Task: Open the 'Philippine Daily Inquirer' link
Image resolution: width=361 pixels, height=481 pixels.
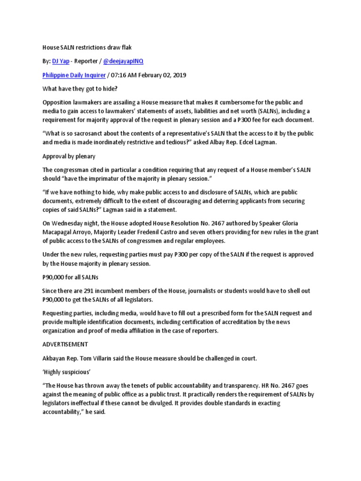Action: click(x=74, y=75)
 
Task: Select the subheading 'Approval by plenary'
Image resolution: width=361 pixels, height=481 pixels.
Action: click(x=69, y=157)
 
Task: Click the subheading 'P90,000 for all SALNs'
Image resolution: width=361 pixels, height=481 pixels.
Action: click(x=72, y=277)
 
